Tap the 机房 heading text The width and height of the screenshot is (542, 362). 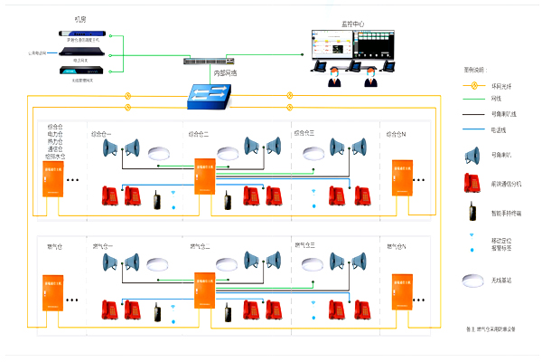[x=80, y=19]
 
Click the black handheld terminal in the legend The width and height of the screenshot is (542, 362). [x=471, y=213]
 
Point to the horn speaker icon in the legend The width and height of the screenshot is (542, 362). [x=471, y=156]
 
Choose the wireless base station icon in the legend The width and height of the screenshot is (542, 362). [x=471, y=280]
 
